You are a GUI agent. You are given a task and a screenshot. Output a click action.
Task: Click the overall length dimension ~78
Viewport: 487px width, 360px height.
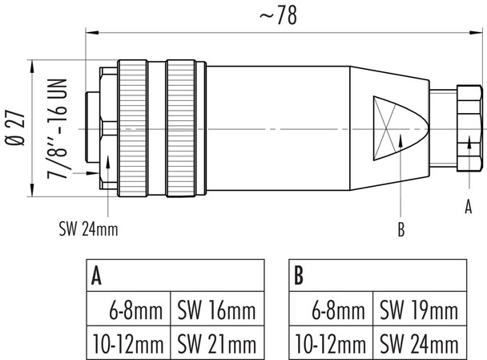click(x=275, y=17)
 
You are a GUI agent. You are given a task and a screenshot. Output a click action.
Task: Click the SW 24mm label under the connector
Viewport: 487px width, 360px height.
click(x=88, y=230)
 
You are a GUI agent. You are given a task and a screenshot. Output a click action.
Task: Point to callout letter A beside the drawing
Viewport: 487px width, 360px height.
click(x=469, y=207)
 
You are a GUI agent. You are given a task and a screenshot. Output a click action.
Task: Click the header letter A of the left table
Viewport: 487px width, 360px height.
click(x=96, y=277)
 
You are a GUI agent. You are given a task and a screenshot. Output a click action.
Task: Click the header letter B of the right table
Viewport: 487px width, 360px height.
click(x=298, y=277)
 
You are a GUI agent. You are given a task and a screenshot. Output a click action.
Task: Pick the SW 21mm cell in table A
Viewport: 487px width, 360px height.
click(x=216, y=345)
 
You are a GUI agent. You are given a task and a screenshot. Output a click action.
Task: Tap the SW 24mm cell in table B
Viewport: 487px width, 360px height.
click(x=419, y=345)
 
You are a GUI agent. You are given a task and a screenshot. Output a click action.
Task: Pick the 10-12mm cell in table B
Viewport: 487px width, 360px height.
click(x=328, y=345)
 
